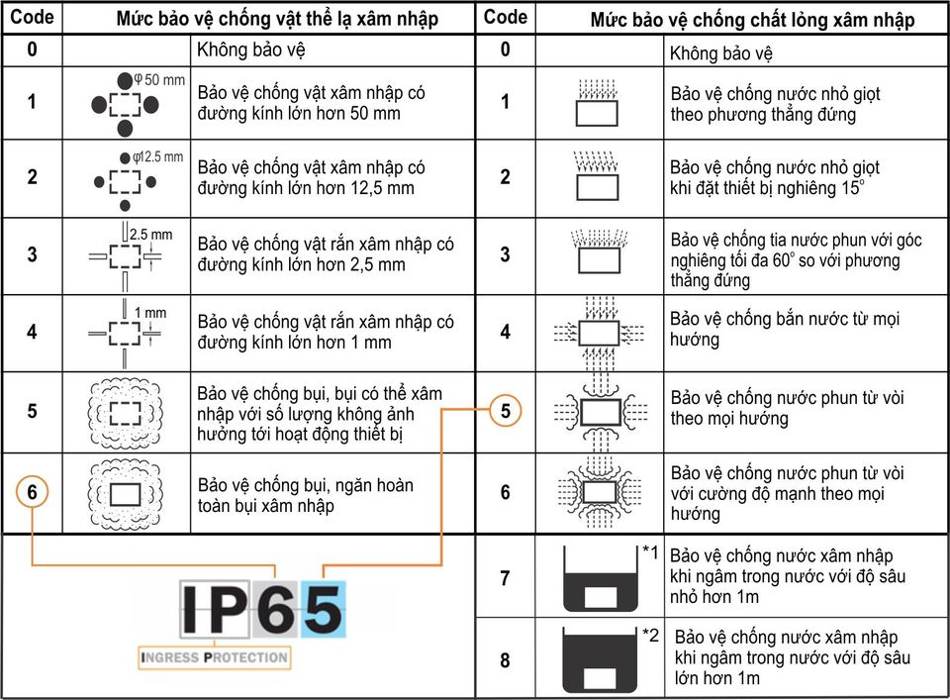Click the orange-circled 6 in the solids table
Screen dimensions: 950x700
[x=32, y=491]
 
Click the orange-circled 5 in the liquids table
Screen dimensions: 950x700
[x=506, y=411]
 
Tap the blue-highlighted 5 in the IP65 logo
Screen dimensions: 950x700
[x=324, y=609]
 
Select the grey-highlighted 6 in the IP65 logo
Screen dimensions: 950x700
[x=276, y=609]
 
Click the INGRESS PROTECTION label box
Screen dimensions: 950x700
[x=215, y=657]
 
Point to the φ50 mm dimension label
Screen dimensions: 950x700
[x=159, y=79]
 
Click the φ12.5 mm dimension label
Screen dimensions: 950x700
[x=157, y=157]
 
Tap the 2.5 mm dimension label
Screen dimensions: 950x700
[x=150, y=235]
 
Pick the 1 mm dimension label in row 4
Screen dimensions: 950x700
[x=150, y=313]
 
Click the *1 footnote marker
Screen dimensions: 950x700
[x=650, y=552]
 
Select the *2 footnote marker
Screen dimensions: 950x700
[x=650, y=636]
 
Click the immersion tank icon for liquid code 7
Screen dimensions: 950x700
[x=600, y=578]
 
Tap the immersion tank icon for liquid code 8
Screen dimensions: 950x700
[x=600, y=659]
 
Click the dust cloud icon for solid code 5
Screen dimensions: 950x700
[x=126, y=413]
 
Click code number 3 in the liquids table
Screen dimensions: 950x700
[x=506, y=254]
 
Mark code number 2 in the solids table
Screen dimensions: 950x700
[x=32, y=177]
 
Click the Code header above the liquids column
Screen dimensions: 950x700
[x=506, y=17]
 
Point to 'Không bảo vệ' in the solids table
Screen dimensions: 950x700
[x=250, y=50]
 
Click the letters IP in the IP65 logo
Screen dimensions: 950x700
[x=215, y=609]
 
